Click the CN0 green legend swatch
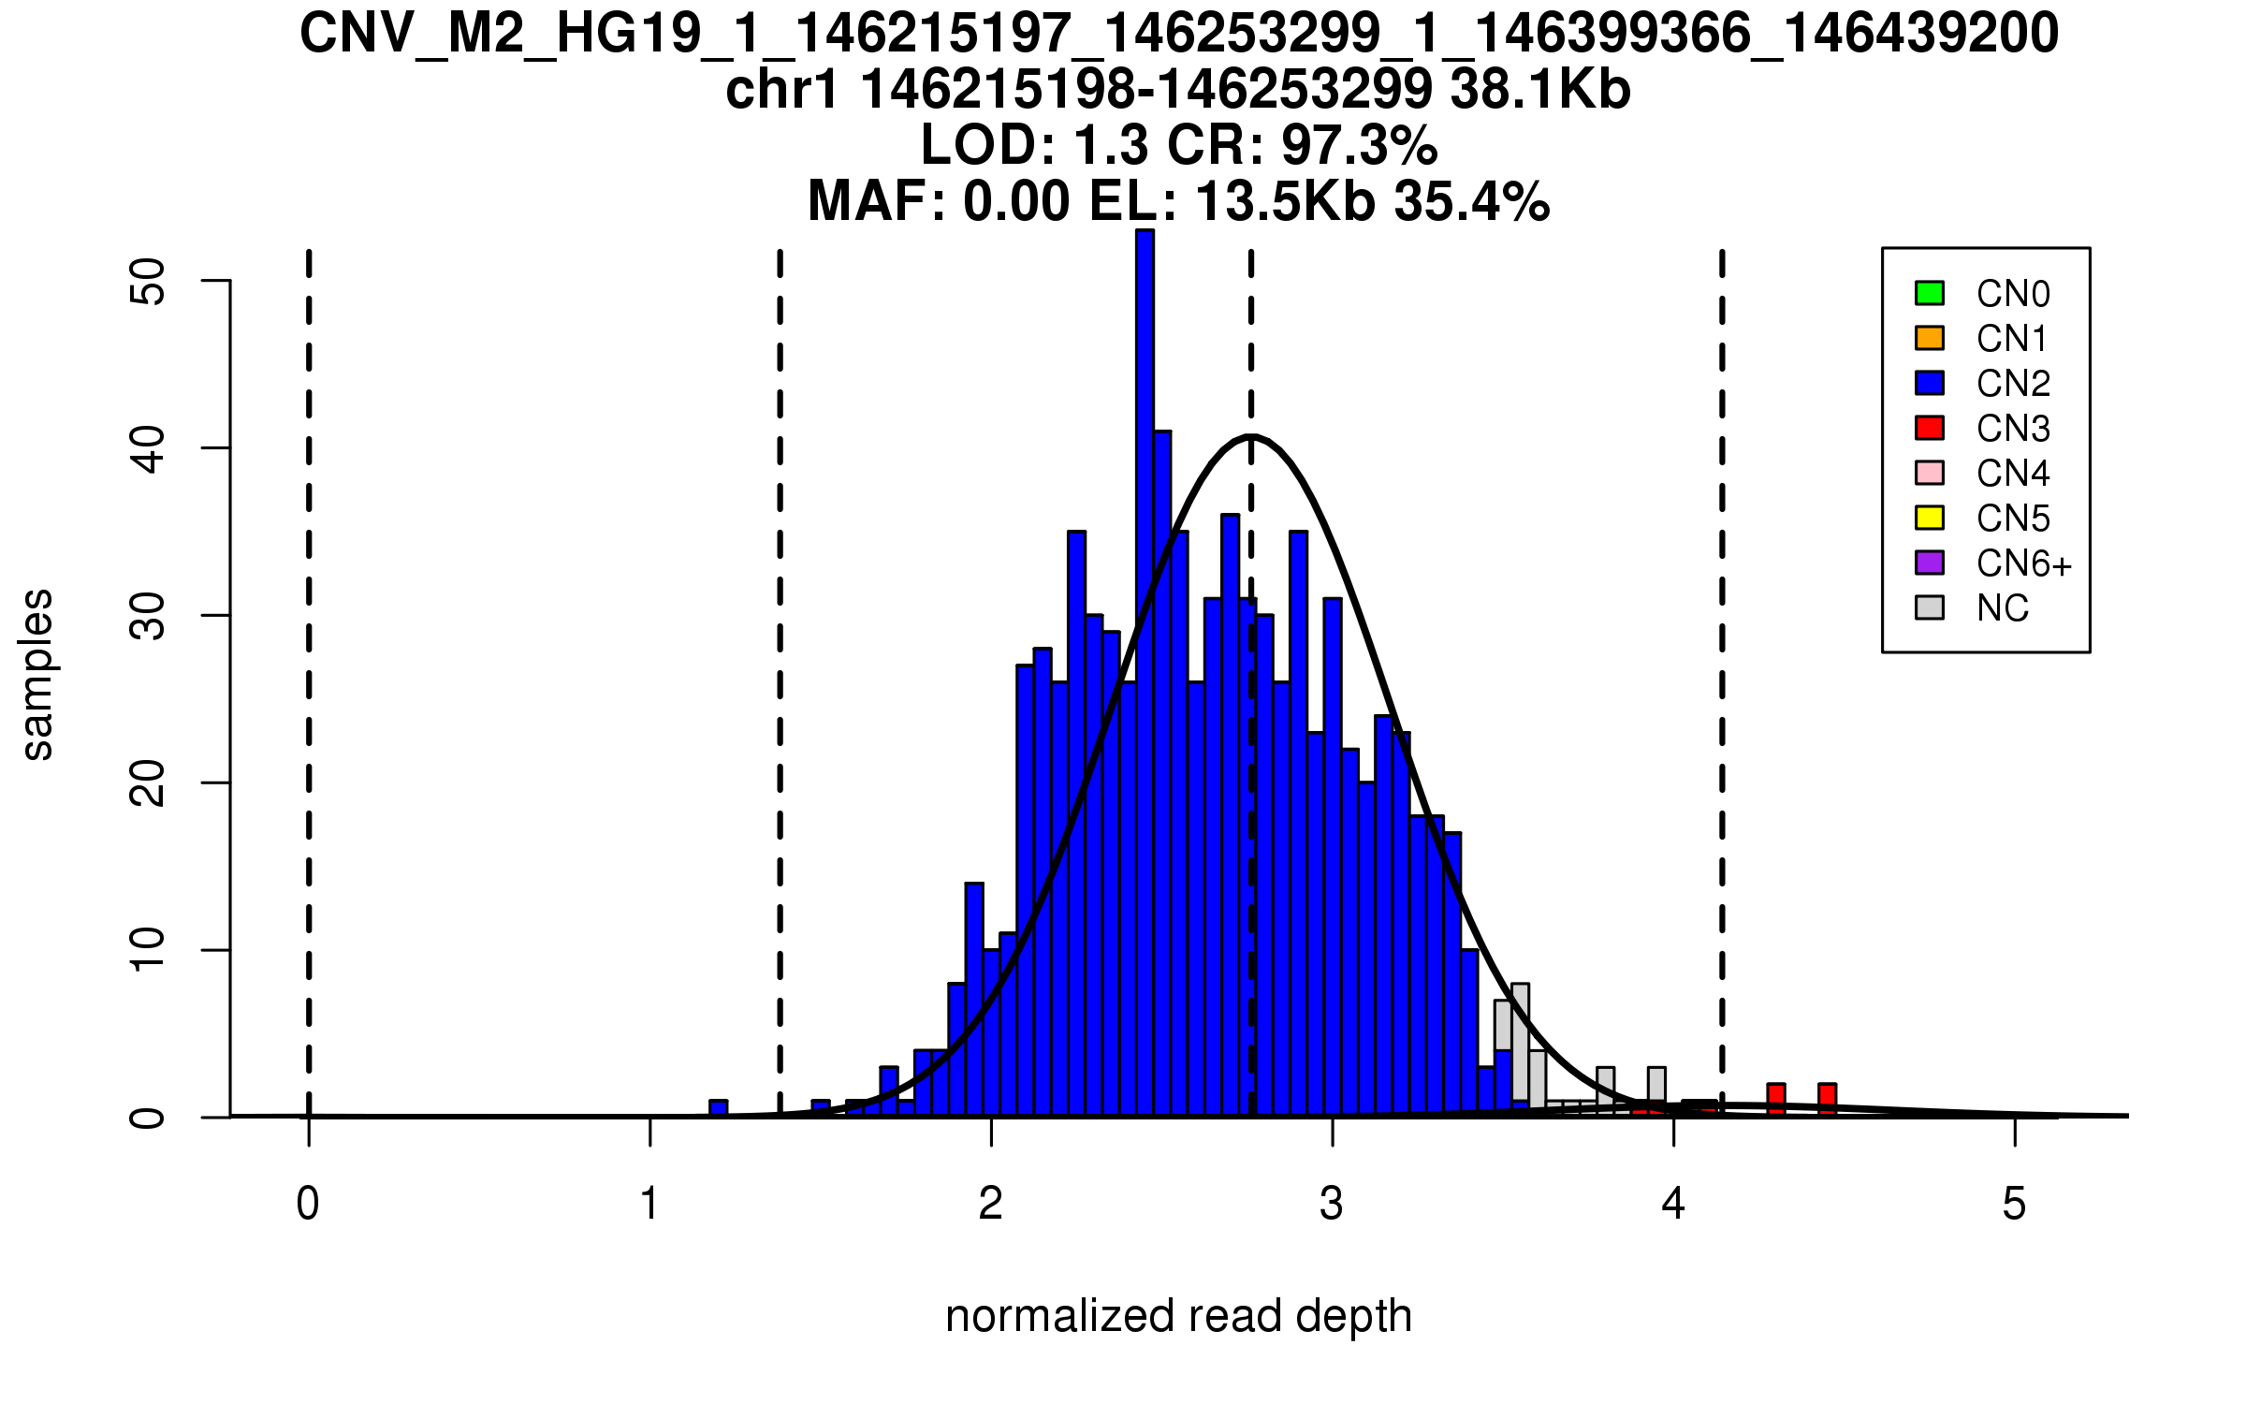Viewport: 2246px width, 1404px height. pyautogui.click(x=1930, y=293)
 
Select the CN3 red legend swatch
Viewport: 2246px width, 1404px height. pyautogui.click(x=1930, y=428)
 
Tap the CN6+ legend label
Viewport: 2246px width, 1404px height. pyautogui.click(x=2024, y=563)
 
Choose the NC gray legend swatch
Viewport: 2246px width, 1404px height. pyautogui.click(x=1930, y=607)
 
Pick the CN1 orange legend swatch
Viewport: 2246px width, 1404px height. pyautogui.click(x=1930, y=338)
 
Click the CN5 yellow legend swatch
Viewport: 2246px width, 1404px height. pyautogui.click(x=1930, y=518)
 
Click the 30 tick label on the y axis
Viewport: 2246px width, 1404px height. pyautogui.click(x=148, y=616)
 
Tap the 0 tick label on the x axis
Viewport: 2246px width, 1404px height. pyautogui.click(x=308, y=1204)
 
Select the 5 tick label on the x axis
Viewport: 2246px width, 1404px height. pyautogui.click(x=2014, y=1204)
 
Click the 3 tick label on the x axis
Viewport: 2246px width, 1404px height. pyautogui.click(x=1332, y=1204)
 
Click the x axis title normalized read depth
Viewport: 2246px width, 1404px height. pyautogui.click(x=1178, y=1316)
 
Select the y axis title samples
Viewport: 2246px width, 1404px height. pyautogui.click(x=37, y=674)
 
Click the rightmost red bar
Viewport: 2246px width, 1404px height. pyautogui.click(x=1827, y=1099)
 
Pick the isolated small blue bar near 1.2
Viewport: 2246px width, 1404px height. pyautogui.click(x=718, y=1108)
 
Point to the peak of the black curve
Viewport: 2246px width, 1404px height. pyautogui.click(x=1251, y=436)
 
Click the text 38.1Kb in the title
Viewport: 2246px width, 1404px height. pyautogui.click(x=1540, y=91)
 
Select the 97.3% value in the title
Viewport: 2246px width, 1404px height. pyautogui.click(x=1359, y=146)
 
